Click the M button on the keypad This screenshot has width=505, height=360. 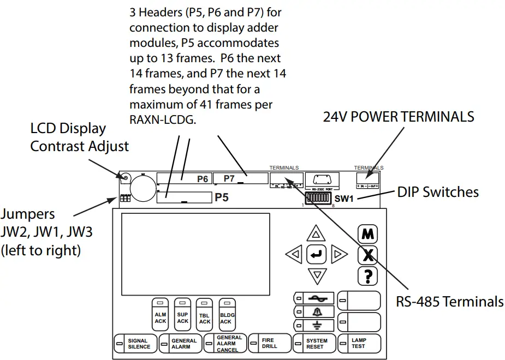tap(367, 235)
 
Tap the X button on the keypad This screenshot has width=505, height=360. tap(367, 255)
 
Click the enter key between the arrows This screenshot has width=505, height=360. tap(317, 254)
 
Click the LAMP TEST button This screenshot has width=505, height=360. tap(358, 344)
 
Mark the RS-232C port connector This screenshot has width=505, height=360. tap(323, 179)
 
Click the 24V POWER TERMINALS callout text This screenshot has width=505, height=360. tap(398, 116)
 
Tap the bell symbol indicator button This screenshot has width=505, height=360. tap(314, 311)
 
